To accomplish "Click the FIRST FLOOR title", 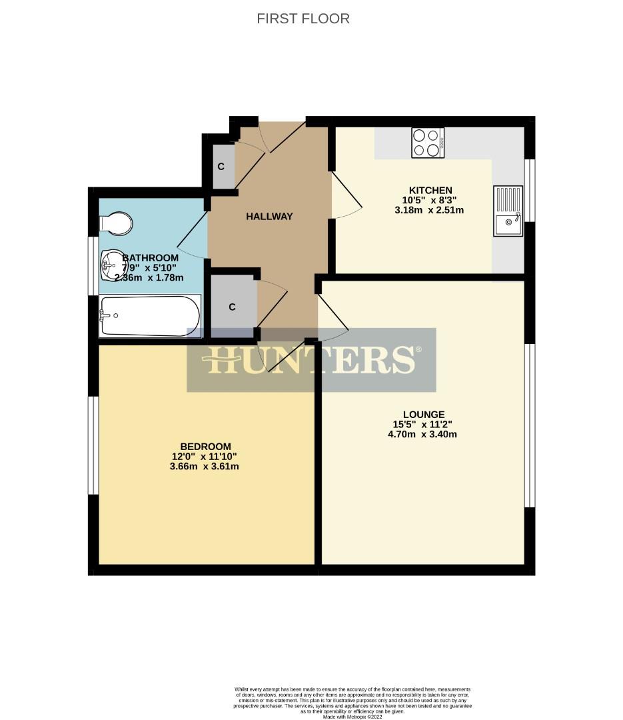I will pyautogui.click(x=303, y=19).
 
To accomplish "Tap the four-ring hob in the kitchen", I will pyautogui.click(x=428, y=143).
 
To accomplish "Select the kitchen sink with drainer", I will pyautogui.click(x=509, y=211).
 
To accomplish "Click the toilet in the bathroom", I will pyautogui.click(x=116, y=223).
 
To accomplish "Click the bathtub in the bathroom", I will pyautogui.click(x=149, y=315).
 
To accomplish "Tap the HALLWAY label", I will pyautogui.click(x=269, y=217).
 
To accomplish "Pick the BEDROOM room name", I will pyautogui.click(x=205, y=446).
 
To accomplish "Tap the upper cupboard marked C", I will pyautogui.click(x=221, y=166).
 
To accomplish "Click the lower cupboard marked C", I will pyautogui.click(x=233, y=307).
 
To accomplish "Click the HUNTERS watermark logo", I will pyautogui.click(x=312, y=360).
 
